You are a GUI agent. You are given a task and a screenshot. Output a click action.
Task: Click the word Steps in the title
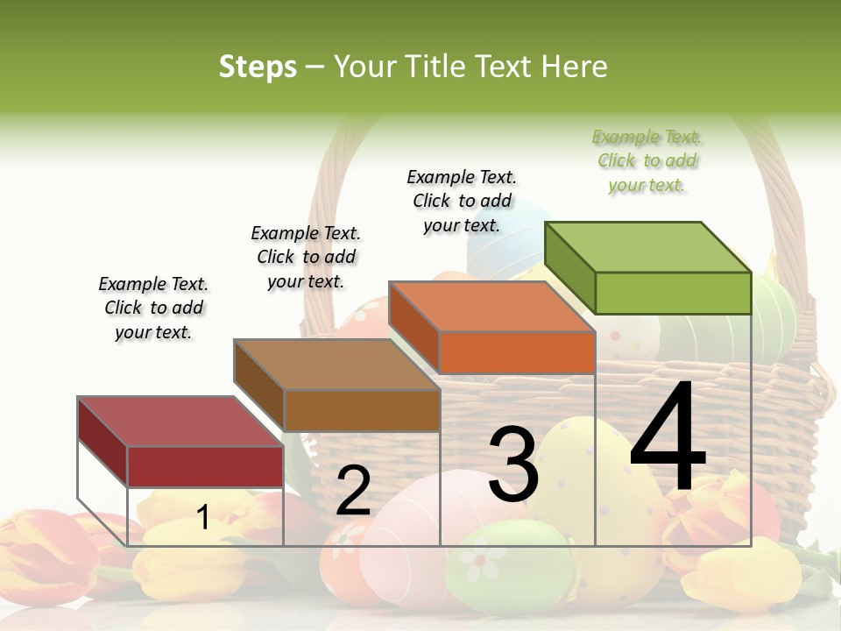258,67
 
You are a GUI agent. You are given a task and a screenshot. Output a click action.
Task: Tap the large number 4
668,437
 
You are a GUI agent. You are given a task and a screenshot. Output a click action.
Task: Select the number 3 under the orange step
513,464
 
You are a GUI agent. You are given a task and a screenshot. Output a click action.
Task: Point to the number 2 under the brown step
353,491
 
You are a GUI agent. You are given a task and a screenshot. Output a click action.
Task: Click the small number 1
203,517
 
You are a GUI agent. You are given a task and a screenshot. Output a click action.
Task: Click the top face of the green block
648,247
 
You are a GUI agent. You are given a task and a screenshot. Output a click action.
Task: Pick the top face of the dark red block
180,422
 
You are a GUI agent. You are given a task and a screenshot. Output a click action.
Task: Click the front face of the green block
673,293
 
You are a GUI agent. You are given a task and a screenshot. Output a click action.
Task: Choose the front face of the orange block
517,352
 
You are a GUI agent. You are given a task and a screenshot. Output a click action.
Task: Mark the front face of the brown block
362,410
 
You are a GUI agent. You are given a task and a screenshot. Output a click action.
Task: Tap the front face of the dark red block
206,466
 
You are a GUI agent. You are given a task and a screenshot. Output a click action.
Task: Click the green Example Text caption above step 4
647,161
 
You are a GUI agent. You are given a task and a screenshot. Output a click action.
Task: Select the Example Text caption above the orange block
462,201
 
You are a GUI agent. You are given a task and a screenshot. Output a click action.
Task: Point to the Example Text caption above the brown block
306,257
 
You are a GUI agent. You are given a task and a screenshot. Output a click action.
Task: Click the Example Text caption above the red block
153,308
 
